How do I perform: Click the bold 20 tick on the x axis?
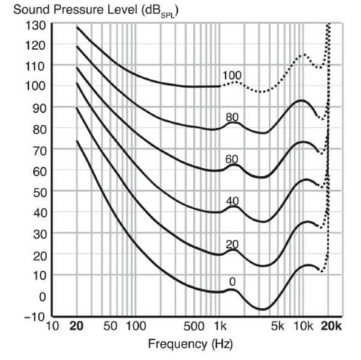[76, 327]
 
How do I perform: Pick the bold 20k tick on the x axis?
[329, 327]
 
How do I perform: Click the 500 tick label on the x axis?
[195, 327]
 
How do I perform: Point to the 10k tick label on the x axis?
[304, 327]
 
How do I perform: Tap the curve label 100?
[232, 76]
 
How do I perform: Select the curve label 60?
[232, 160]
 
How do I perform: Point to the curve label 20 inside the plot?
[232, 244]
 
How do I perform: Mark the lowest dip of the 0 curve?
[262, 309]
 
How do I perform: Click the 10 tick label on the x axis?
[52, 327]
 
